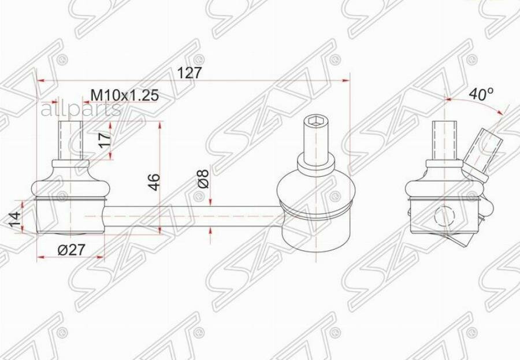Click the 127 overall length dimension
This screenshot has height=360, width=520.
coord(190,73)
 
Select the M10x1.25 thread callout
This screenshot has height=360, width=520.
coord(125,95)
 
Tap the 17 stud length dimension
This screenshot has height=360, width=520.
coord(105,140)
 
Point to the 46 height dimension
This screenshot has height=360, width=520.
coord(154,182)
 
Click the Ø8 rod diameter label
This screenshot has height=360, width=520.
coord(203,179)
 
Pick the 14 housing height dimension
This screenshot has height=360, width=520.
coord(15,219)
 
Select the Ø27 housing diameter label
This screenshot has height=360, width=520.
coord(72,249)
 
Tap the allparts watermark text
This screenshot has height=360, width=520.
coord(80,109)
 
